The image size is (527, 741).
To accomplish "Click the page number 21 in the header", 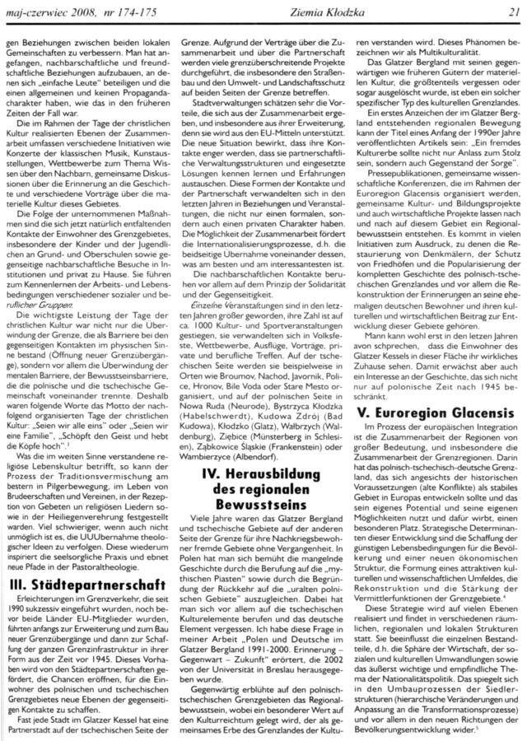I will click(512, 9).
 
